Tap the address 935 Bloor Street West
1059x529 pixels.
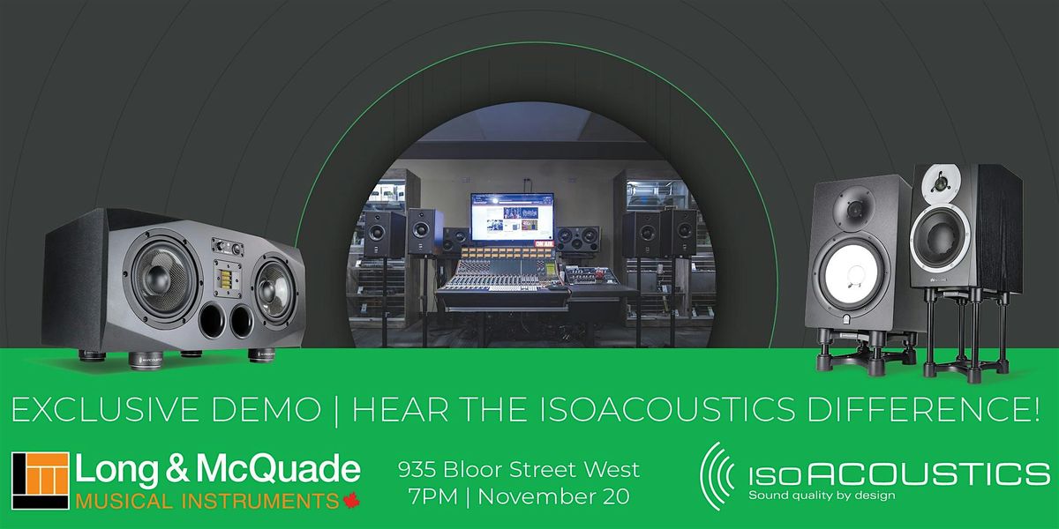519,470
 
